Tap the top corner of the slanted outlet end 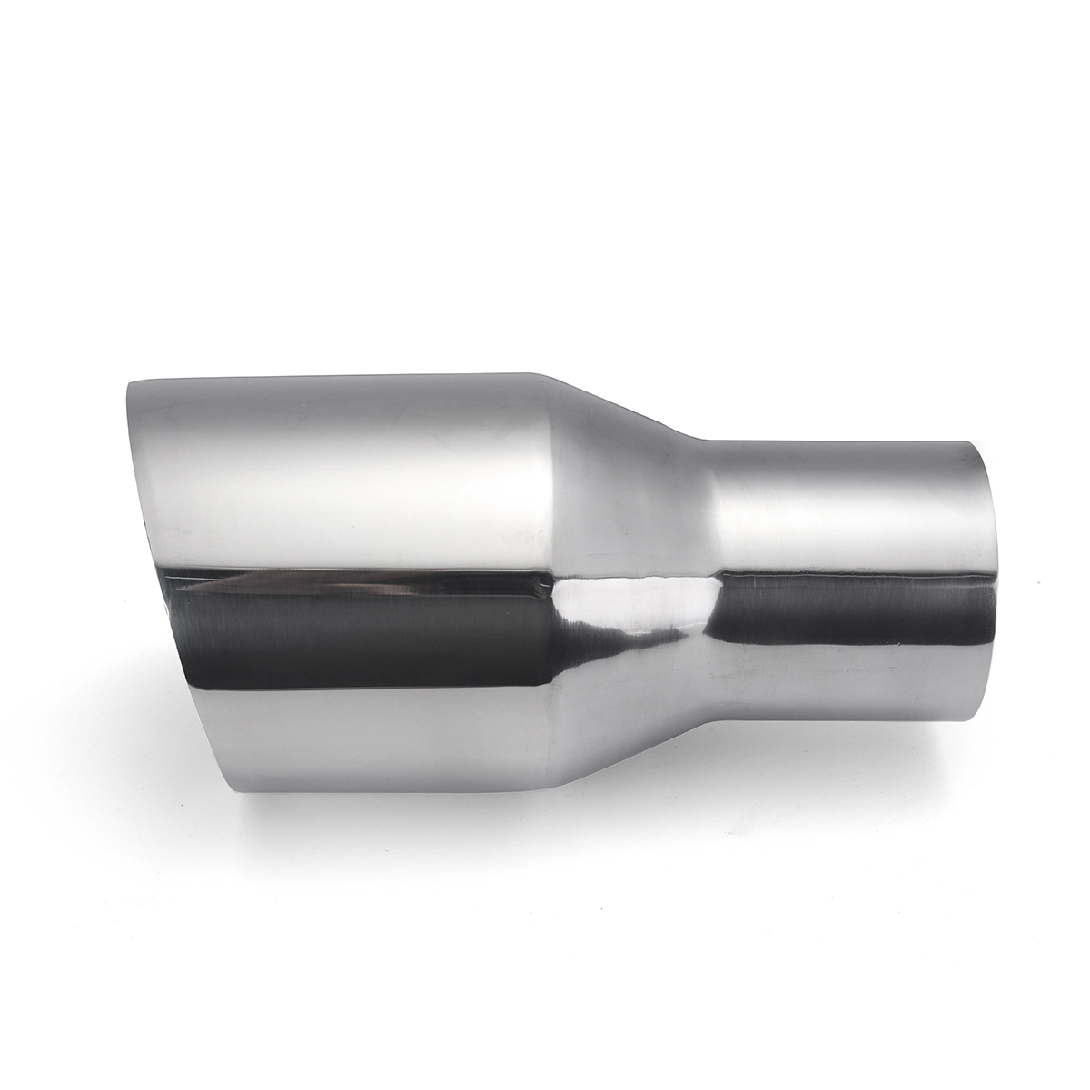128,384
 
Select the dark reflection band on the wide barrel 363,627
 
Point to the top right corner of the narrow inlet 976,443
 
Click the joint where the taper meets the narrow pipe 713,581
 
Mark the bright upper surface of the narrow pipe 845,509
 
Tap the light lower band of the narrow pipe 845,681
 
